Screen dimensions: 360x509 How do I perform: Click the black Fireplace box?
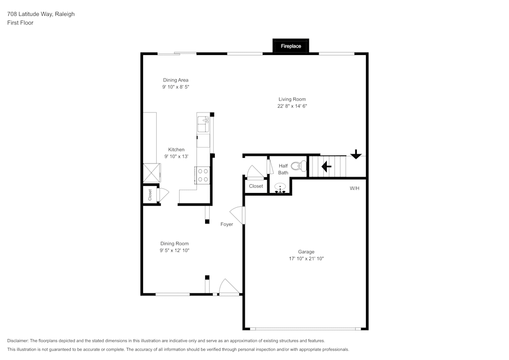click(291, 46)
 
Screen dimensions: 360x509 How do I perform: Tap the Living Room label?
click(292, 99)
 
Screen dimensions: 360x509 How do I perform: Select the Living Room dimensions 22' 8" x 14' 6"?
click(292, 106)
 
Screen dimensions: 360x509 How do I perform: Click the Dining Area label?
click(176, 80)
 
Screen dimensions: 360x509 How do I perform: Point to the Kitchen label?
click(176, 150)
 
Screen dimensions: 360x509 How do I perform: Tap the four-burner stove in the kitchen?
click(203, 175)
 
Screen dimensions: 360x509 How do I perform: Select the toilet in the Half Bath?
click(300, 165)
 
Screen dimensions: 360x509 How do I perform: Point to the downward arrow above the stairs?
click(356, 154)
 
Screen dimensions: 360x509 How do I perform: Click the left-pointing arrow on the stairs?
click(326, 166)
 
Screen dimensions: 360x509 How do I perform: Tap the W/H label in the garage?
click(354, 188)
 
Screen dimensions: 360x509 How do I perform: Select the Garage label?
click(306, 252)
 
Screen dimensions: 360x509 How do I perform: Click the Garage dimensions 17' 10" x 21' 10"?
click(306, 259)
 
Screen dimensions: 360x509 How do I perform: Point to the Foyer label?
click(227, 224)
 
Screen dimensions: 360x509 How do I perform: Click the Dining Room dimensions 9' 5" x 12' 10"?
click(175, 251)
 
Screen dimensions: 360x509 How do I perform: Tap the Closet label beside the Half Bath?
click(256, 186)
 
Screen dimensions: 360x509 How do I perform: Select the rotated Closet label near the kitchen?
click(150, 195)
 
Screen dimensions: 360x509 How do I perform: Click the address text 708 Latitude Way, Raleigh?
click(41, 14)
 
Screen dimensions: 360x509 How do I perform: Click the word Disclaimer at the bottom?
click(18, 341)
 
